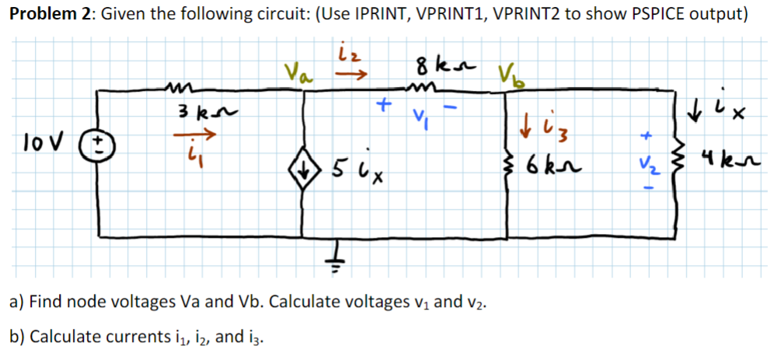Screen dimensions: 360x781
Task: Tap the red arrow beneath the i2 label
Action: click(x=352, y=75)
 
